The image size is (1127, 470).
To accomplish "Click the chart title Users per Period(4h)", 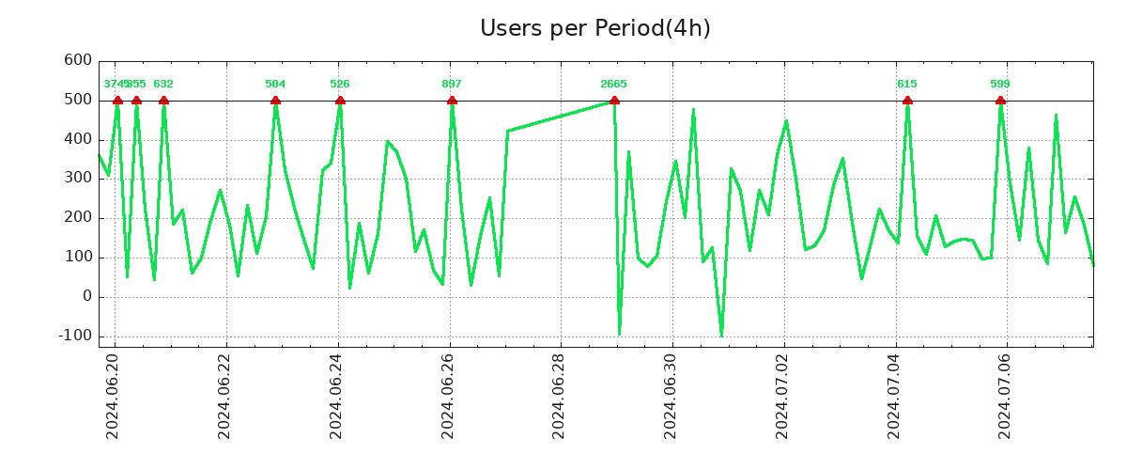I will [x=594, y=28].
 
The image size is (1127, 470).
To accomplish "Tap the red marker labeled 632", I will [x=163, y=101].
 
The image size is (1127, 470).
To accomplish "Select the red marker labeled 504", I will [x=275, y=101].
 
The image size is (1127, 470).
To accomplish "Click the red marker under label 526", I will [x=340, y=101].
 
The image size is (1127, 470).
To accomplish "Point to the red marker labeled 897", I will [x=452, y=101].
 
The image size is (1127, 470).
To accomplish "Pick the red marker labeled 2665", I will [x=614, y=101].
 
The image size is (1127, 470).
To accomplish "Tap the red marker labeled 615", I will [x=907, y=101].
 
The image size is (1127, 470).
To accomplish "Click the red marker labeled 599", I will [x=1000, y=101].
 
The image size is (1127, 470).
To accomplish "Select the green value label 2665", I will [x=613, y=85].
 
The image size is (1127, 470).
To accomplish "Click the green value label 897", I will [x=452, y=85].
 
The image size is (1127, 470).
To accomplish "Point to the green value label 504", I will [x=275, y=85].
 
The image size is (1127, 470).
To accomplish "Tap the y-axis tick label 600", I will [x=79, y=61].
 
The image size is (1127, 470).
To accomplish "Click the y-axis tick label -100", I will [x=74, y=337].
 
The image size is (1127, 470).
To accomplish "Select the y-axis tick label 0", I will [x=87, y=297].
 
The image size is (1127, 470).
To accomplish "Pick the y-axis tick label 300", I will [x=79, y=179].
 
